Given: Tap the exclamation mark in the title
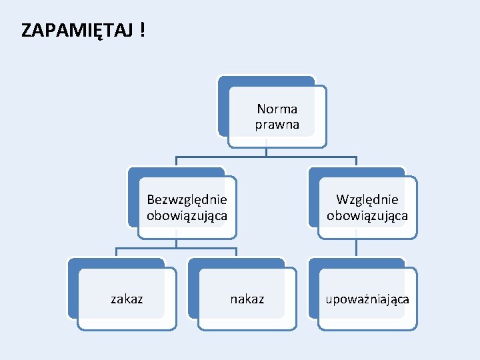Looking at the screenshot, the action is [x=143, y=30].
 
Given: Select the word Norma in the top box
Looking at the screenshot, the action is [x=277, y=109].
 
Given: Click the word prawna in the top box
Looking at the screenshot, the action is [x=277, y=125].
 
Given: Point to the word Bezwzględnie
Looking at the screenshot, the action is [x=187, y=199].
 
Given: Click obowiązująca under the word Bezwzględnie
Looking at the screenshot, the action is [x=187, y=216].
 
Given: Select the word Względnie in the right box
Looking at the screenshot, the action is [x=367, y=199].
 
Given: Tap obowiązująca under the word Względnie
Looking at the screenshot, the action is [x=367, y=216].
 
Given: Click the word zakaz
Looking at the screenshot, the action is [x=127, y=299].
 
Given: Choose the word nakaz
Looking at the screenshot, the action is [x=247, y=299].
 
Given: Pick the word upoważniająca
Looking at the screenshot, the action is [x=367, y=299].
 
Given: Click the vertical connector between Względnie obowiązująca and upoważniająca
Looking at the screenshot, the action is [x=357, y=247].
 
